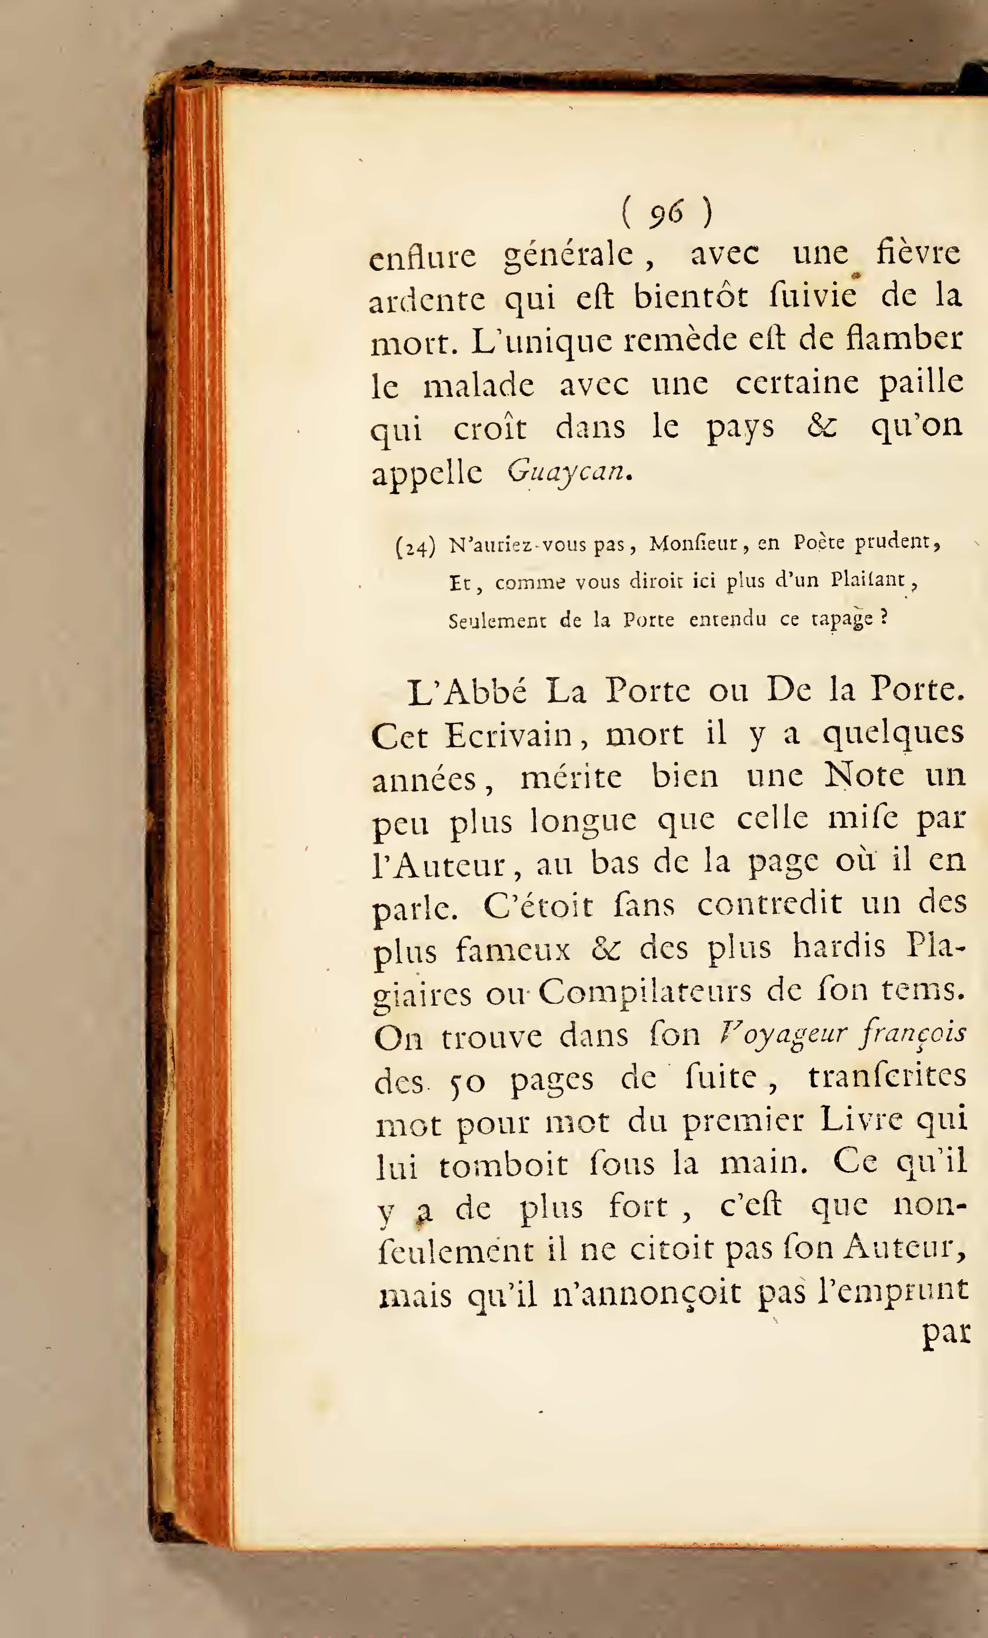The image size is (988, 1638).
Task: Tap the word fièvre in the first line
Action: coord(918,253)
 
